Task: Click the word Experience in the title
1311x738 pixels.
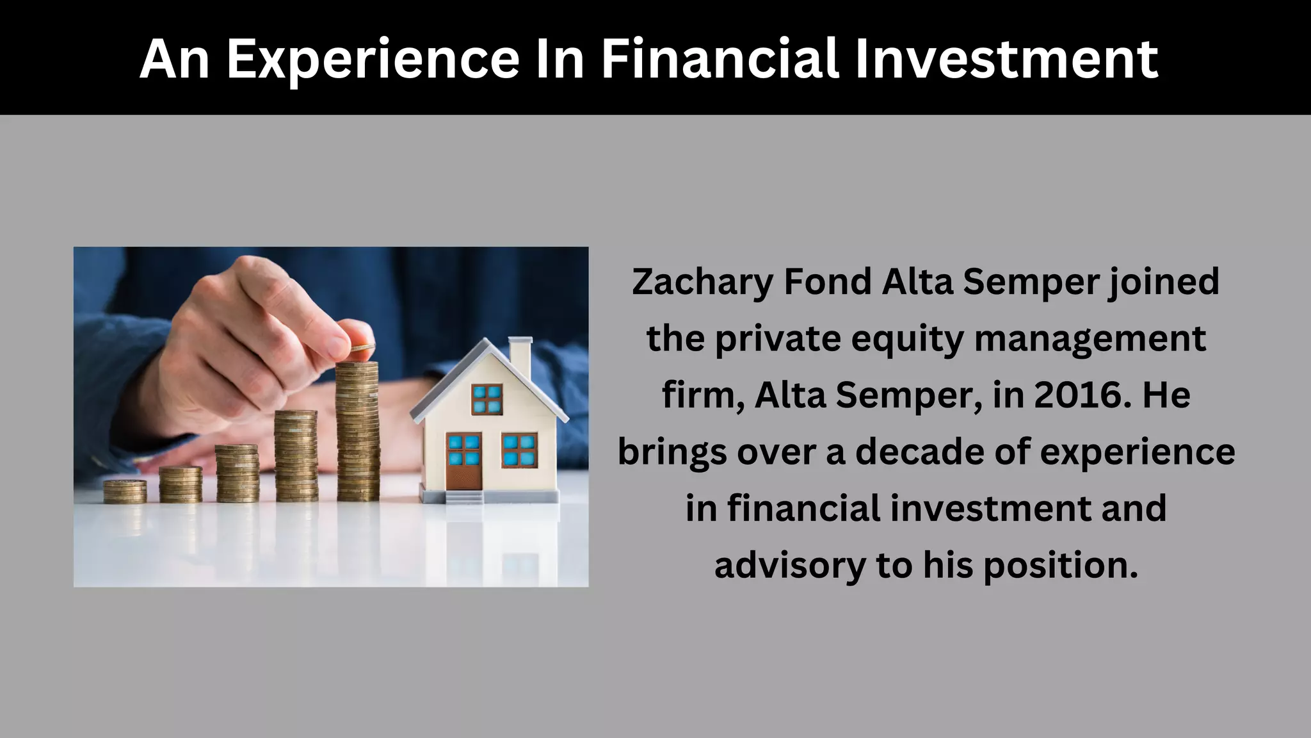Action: coord(373,59)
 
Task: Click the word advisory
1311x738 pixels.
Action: coord(789,565)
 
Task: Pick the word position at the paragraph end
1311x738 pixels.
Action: coord(1060,565)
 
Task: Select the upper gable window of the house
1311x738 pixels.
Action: coord(487,398)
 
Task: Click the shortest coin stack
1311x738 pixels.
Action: coord(125,491)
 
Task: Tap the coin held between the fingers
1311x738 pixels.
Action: coord(362,347)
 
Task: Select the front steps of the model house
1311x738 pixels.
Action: coord(463,497)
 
